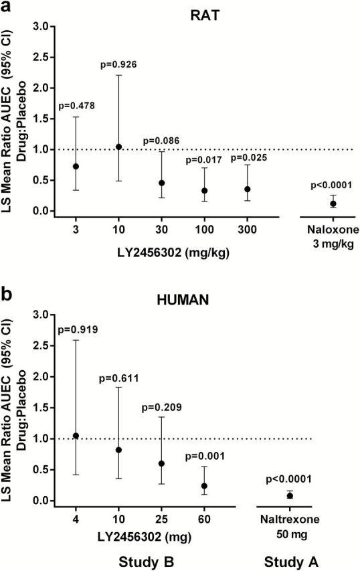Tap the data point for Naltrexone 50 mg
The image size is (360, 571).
(290, 495)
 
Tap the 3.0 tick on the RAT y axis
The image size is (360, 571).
(44, 27)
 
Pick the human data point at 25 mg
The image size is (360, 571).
(162, 463)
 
